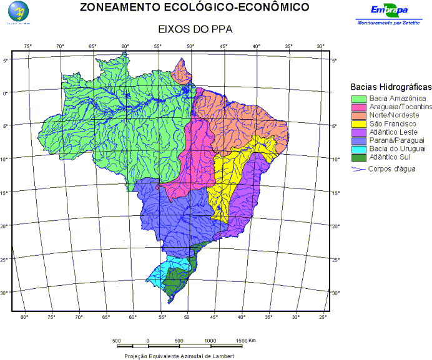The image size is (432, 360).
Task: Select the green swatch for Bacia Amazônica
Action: (358, 99)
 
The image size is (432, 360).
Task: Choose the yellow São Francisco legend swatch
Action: (358, 124)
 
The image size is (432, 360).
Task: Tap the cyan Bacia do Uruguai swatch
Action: (358, 149)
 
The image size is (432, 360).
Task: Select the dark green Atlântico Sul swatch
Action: (358, 158)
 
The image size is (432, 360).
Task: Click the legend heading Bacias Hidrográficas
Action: (391, 87)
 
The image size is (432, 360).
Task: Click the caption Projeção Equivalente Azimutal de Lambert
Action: (179, 356)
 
